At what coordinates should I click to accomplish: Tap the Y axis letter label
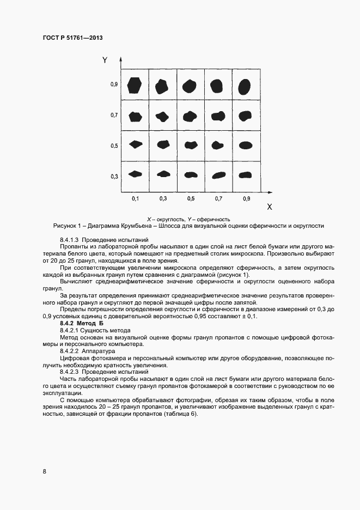[105, 60]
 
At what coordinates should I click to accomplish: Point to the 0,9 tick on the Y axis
[114, 84]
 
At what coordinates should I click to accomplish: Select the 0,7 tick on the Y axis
[114, 116]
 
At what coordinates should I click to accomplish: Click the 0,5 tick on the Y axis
[114, 146]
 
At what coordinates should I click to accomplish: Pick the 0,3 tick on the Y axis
[114, 177]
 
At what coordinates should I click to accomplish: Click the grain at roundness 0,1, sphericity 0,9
[135, 84]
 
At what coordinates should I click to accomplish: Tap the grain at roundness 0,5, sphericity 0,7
[190, 116]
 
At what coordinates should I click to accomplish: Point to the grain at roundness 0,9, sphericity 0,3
[246, 174]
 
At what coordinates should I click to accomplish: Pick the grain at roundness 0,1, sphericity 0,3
[135, 174]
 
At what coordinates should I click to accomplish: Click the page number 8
[44, 471]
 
